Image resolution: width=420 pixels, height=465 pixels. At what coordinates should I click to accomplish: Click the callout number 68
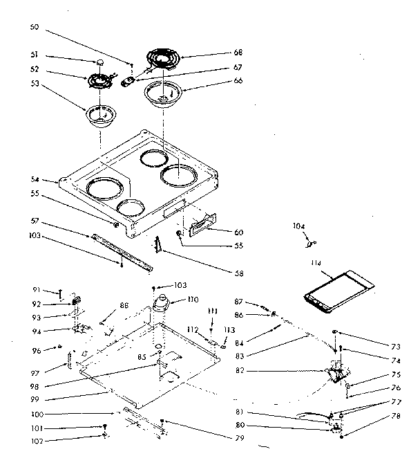tap(238, 53)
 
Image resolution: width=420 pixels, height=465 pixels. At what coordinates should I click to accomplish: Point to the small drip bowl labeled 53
tap(100, 116)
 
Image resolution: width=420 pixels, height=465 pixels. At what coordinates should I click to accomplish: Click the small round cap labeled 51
tap(102, 62)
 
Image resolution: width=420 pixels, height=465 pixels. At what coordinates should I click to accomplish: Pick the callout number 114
tap(316, 263)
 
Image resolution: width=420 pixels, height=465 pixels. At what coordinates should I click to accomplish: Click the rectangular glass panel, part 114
tap(339, 289)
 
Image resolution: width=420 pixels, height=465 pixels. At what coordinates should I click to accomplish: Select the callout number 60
tap(238, 232)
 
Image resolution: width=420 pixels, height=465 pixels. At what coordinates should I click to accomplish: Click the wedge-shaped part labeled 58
tap(158, 245)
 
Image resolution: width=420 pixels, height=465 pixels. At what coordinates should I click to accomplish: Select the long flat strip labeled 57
tap(121, 247)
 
